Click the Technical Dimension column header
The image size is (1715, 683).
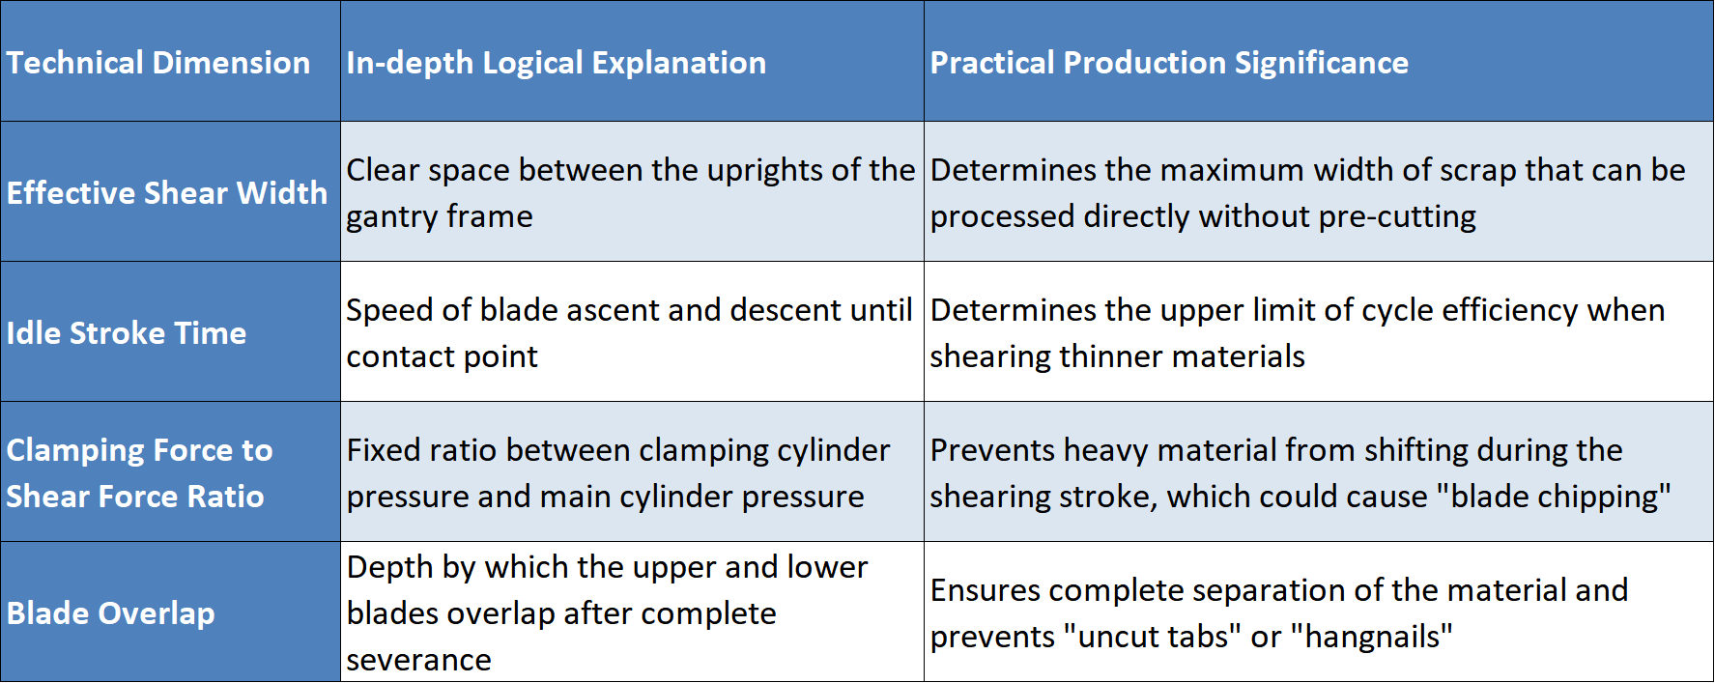pyautogui.click(x=158, y=63)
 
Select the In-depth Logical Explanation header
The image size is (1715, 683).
pyautogui.click(x=557, y=63)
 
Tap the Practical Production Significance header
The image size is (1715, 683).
pyautogui.click(x=1169, y=63)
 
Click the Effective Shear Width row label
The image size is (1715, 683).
pyautogui.click(x=167, y=193)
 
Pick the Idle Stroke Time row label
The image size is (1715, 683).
pyautogui.click(x=127, y=333)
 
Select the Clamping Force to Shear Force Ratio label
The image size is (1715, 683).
pyautogui.click(x=140, y=473)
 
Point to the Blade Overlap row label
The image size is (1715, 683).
pyautogui.click(x=111, y=613)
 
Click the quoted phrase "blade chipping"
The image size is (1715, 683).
pyautogui.click(x=1554, y=497)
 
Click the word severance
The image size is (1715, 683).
pyautogui.click(x=419, y=661)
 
